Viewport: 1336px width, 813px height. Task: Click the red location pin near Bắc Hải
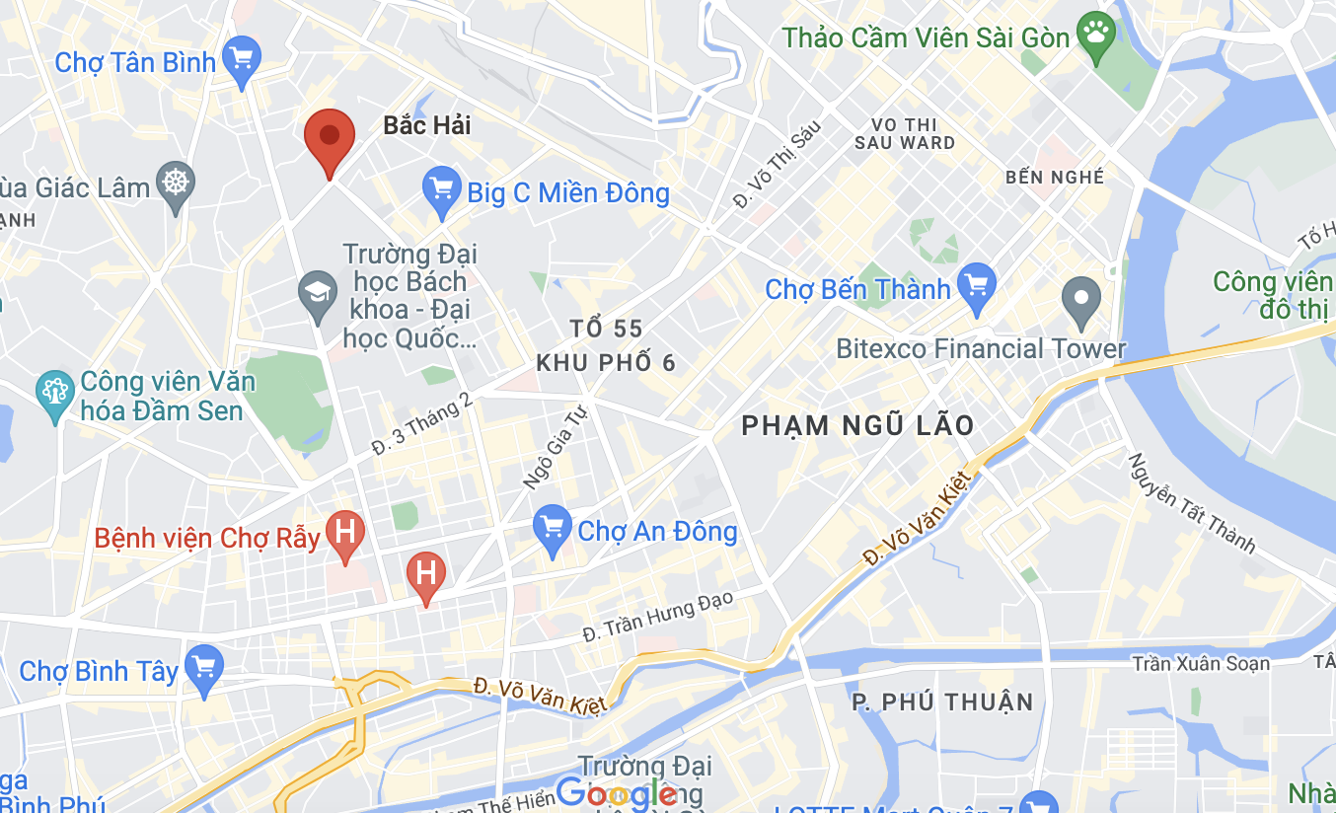tap(330, 138)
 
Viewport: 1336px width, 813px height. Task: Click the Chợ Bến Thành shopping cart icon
tap(977, 287)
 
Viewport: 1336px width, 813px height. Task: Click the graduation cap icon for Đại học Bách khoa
tap(318, 294)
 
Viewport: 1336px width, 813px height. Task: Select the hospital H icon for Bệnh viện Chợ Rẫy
tap(345, 533)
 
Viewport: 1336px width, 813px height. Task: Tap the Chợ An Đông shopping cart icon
tap(552, 528)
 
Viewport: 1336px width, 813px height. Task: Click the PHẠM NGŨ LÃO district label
tap(857, 425)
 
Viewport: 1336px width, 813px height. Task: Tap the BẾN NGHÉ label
tap(1055, 178)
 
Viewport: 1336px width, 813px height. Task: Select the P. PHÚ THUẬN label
tap(942, 702)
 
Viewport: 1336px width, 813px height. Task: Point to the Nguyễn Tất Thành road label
tap(1192, 503)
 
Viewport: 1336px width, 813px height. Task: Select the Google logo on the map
tap(616, 792)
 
